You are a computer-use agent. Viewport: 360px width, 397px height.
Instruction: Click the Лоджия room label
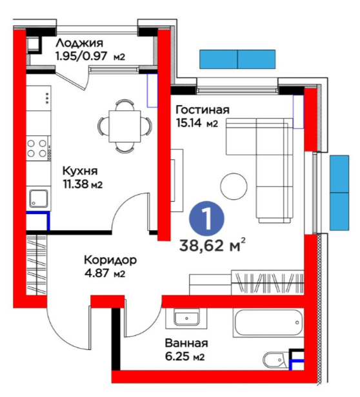[x=79, y=44]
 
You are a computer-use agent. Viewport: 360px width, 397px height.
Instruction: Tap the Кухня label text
[x=80, y=171]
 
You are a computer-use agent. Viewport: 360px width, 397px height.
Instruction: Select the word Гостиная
[x=203, y=110]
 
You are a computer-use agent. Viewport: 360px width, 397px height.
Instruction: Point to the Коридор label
[x=110, y=260]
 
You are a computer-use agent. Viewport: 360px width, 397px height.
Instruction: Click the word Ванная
[x=186, y=344]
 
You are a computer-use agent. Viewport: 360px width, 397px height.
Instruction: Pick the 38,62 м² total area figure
[x=212, y=245]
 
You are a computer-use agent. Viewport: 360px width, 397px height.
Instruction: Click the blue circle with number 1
[x=206, y=218]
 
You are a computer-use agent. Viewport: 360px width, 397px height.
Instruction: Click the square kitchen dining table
[x=125, y=126]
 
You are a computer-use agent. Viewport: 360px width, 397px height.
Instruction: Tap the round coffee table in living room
[x=234, y=186]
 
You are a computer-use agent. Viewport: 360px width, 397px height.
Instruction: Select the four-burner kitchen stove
[x=37, y=148]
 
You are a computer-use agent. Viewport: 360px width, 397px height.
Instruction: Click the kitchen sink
[x=39, y=198]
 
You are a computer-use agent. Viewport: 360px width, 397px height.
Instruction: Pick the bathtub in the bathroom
[x=268, y=322]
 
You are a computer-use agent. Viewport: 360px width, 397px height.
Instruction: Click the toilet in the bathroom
[x=275, y=360]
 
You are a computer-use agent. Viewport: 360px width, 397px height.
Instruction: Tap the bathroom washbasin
[x=186, y=318]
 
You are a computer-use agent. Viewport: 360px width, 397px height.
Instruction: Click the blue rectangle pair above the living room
[x=237, y=59]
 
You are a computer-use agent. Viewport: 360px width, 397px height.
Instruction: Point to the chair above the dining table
[x=125, y=104]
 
